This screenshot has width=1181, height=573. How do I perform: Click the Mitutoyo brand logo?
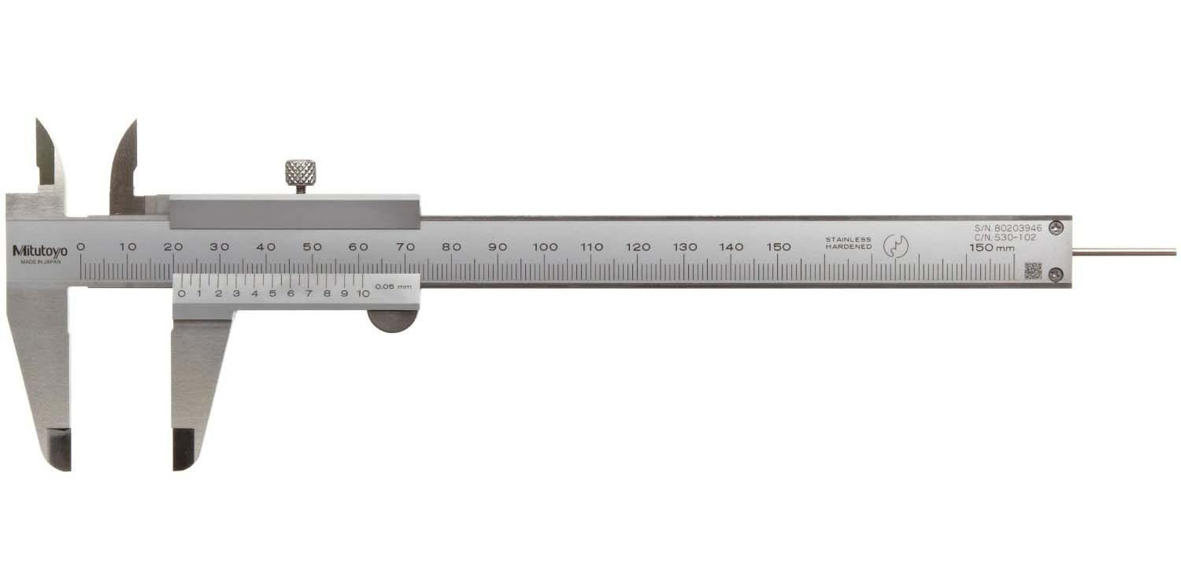(40, 251)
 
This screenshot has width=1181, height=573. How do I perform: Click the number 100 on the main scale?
(545, 246)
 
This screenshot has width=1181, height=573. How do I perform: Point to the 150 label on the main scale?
(778, 246)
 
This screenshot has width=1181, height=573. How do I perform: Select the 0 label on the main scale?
(80, 246)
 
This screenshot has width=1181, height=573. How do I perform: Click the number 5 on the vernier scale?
(272, 294)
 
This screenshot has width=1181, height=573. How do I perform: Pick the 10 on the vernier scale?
(363, 294)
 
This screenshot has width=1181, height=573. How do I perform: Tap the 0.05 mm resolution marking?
(393, 286)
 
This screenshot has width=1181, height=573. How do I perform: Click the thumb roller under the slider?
(393, 322)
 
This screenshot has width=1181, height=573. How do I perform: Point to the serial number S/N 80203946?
(1008, 228)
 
